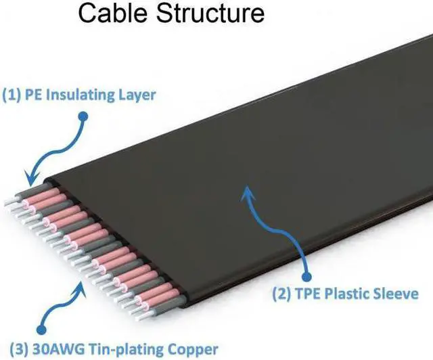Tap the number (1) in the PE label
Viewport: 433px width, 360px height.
click(13, 95)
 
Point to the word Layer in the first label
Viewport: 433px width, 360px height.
click(136, 95)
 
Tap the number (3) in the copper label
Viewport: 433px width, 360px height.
click(14, 349)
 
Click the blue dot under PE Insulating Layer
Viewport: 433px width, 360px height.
click(83, 116)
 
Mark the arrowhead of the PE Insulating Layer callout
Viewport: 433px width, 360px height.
click(29, 181)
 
